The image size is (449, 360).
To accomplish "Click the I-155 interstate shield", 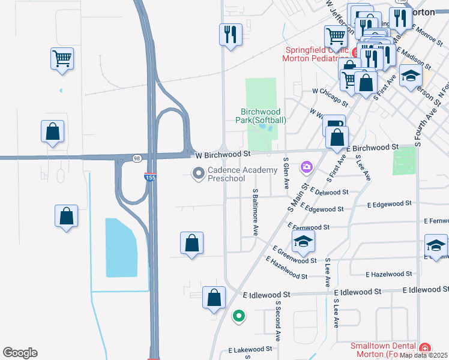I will click(x=150, y=178).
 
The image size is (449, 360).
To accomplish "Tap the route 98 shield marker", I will click(x=137, y=158).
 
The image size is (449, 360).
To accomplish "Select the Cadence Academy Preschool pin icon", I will click(x=198, y=174).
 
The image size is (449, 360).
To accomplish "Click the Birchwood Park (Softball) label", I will click(x=263, y=116).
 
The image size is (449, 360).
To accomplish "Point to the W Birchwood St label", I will click(x=221, y=154).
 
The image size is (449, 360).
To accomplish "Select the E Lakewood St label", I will click(x=250, y=349).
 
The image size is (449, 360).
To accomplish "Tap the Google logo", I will click(x=20, y=353).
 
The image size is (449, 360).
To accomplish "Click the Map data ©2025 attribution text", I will click(x=424, y=355).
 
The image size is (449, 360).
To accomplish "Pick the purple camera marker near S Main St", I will click(x=307, y=166).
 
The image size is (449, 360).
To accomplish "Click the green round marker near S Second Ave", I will click(x=239, y=314).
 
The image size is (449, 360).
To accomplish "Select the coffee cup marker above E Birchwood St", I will click(x=334, y=125).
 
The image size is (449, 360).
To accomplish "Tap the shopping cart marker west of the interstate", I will click(x=62, y=59).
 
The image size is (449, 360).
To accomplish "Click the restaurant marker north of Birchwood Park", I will click(x=231, y=34).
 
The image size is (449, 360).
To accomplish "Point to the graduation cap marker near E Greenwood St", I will click(x=303, y=242).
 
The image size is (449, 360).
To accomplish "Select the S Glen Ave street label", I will click(x=286, y=171).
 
